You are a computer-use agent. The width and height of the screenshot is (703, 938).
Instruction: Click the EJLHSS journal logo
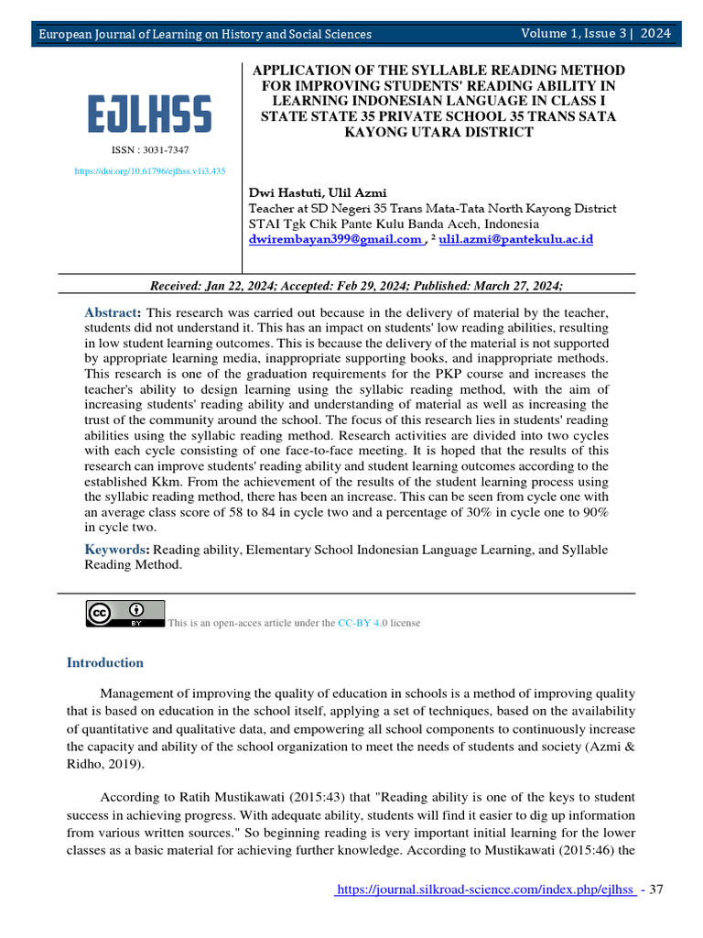(x=150, y=115)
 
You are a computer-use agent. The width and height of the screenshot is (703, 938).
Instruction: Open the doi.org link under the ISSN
(x=150, y=171)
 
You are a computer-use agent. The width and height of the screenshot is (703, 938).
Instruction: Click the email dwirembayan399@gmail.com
(x=335, y=239)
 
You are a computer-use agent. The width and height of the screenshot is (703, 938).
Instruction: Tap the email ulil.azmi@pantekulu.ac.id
(x=516, y=239)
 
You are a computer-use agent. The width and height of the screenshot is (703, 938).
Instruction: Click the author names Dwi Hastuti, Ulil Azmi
(x=318, y=192)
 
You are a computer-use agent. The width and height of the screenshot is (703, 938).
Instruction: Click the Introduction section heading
(x=105, y=662)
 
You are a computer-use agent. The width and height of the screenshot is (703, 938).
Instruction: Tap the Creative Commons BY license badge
(x=125, y=614)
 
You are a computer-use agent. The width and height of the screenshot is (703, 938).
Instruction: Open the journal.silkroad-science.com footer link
(x=485, y=892)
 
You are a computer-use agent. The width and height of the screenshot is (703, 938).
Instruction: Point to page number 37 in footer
(x=655, y=892)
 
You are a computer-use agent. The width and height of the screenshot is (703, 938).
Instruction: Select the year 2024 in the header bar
(x=655, y=34)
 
